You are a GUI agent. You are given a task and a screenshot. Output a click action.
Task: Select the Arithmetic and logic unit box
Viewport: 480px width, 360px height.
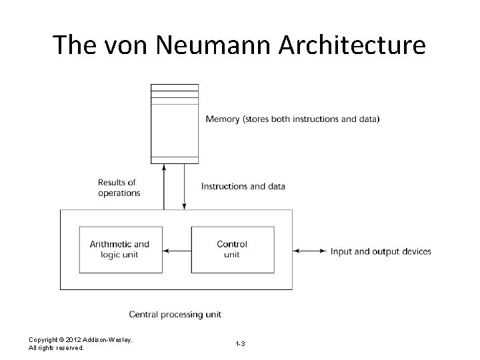pyautogui.click(x=120, y=250)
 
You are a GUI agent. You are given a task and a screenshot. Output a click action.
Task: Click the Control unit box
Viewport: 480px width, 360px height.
pyautogui.click(x=232, y=250)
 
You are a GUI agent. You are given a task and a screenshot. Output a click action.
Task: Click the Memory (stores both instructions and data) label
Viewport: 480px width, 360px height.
pyautogui.click(x=293, y=119)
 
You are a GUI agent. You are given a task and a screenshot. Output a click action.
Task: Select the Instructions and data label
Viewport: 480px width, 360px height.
pyautogui.click(x=243, y=186)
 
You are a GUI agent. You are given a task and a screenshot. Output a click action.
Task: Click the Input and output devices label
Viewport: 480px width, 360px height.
pyautogui.click(x=381, y=251)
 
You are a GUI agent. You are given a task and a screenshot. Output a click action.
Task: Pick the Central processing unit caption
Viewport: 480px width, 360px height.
pyautogui.click(x=175, y=313)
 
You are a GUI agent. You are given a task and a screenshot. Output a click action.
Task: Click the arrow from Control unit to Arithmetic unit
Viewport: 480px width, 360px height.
pyautogui.click(x=177, y=251)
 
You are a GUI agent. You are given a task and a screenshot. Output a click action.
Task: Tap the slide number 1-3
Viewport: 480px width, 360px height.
pyautogui.click(x=240, y=343)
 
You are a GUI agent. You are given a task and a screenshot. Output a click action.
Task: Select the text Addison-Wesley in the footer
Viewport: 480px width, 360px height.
pyautogui.click(x=110, y=340)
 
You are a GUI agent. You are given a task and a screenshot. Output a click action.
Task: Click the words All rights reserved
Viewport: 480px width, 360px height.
pyautogui.click(x=56, y=348)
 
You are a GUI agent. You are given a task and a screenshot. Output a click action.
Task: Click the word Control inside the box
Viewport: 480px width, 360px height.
pyautogui.click(x=232, y=245)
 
